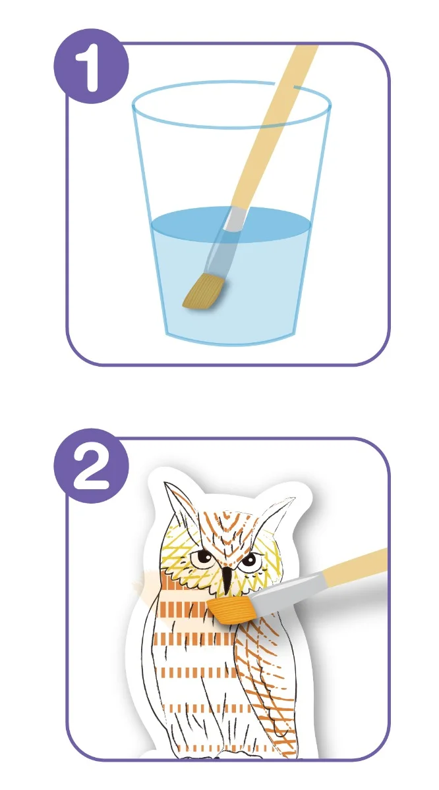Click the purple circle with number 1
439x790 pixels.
[x=91, y=66]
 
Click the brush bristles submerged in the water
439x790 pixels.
[x=204, y=292]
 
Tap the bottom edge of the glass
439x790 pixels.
[x=231, y=341]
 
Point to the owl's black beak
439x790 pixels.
[x=226, y=579]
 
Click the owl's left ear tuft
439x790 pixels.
[x=177, y=501]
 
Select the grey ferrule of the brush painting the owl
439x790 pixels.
[x=286, y=587]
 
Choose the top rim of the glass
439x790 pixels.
[x=231, y=104]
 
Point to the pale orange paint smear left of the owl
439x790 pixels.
[x=146, y=586]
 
